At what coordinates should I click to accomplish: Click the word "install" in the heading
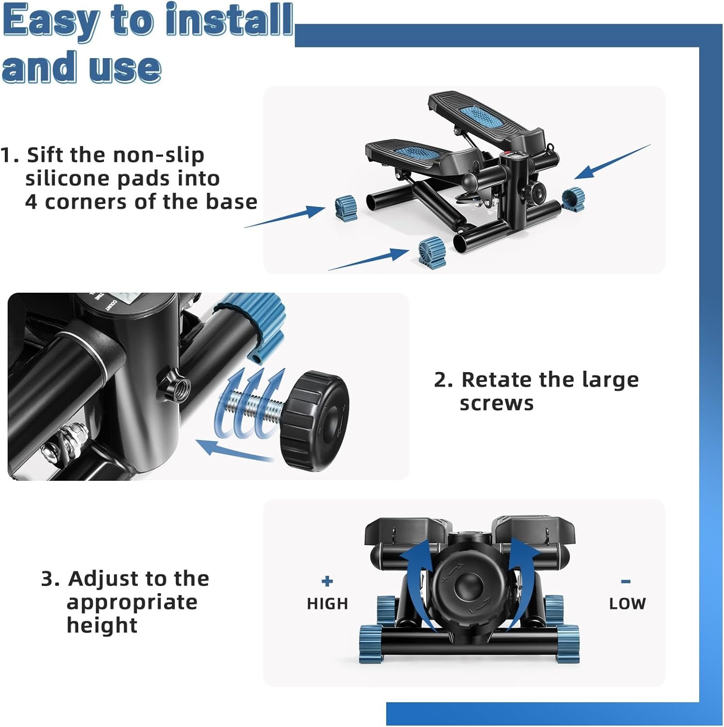pyautogui.click(x=229, y=20)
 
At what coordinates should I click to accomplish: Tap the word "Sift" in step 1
pyautogui.click(x=45, y=155)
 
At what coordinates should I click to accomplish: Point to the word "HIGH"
pyautogui.click(x=328, y=603)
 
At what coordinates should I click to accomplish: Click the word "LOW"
pyautogui.click(x=627, y=603)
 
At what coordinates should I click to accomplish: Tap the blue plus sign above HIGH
pyautogui.click(x=328, y=581)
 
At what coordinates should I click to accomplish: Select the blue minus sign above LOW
pyautogui.click(x=626, y=581)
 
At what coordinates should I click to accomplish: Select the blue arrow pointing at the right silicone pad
pyautogui.click(x=613, y=161)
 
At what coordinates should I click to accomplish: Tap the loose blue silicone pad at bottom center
pyautogui.click(x=432, y=253)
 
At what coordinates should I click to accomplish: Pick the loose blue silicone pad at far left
pyautogui.click(x=346, y=208)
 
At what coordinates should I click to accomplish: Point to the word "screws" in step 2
pyautogui.click(x=496, y=403)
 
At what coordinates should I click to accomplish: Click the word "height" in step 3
pyautogui.click(x=102, y=625)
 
